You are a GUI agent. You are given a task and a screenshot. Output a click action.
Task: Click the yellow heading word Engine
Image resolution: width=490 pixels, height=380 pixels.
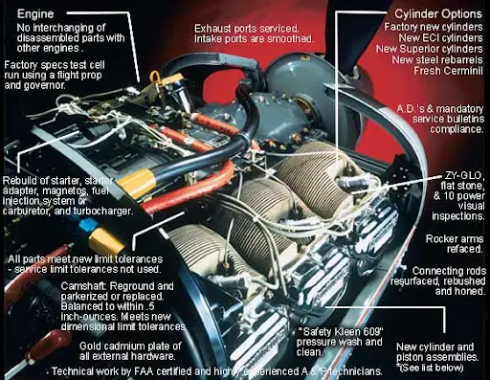[x=32, y=16]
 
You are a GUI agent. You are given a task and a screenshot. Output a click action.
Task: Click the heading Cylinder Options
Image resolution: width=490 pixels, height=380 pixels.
[x=432, y=16]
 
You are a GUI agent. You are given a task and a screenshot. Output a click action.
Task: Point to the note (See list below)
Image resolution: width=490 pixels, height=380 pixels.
[x=435, y=367]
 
